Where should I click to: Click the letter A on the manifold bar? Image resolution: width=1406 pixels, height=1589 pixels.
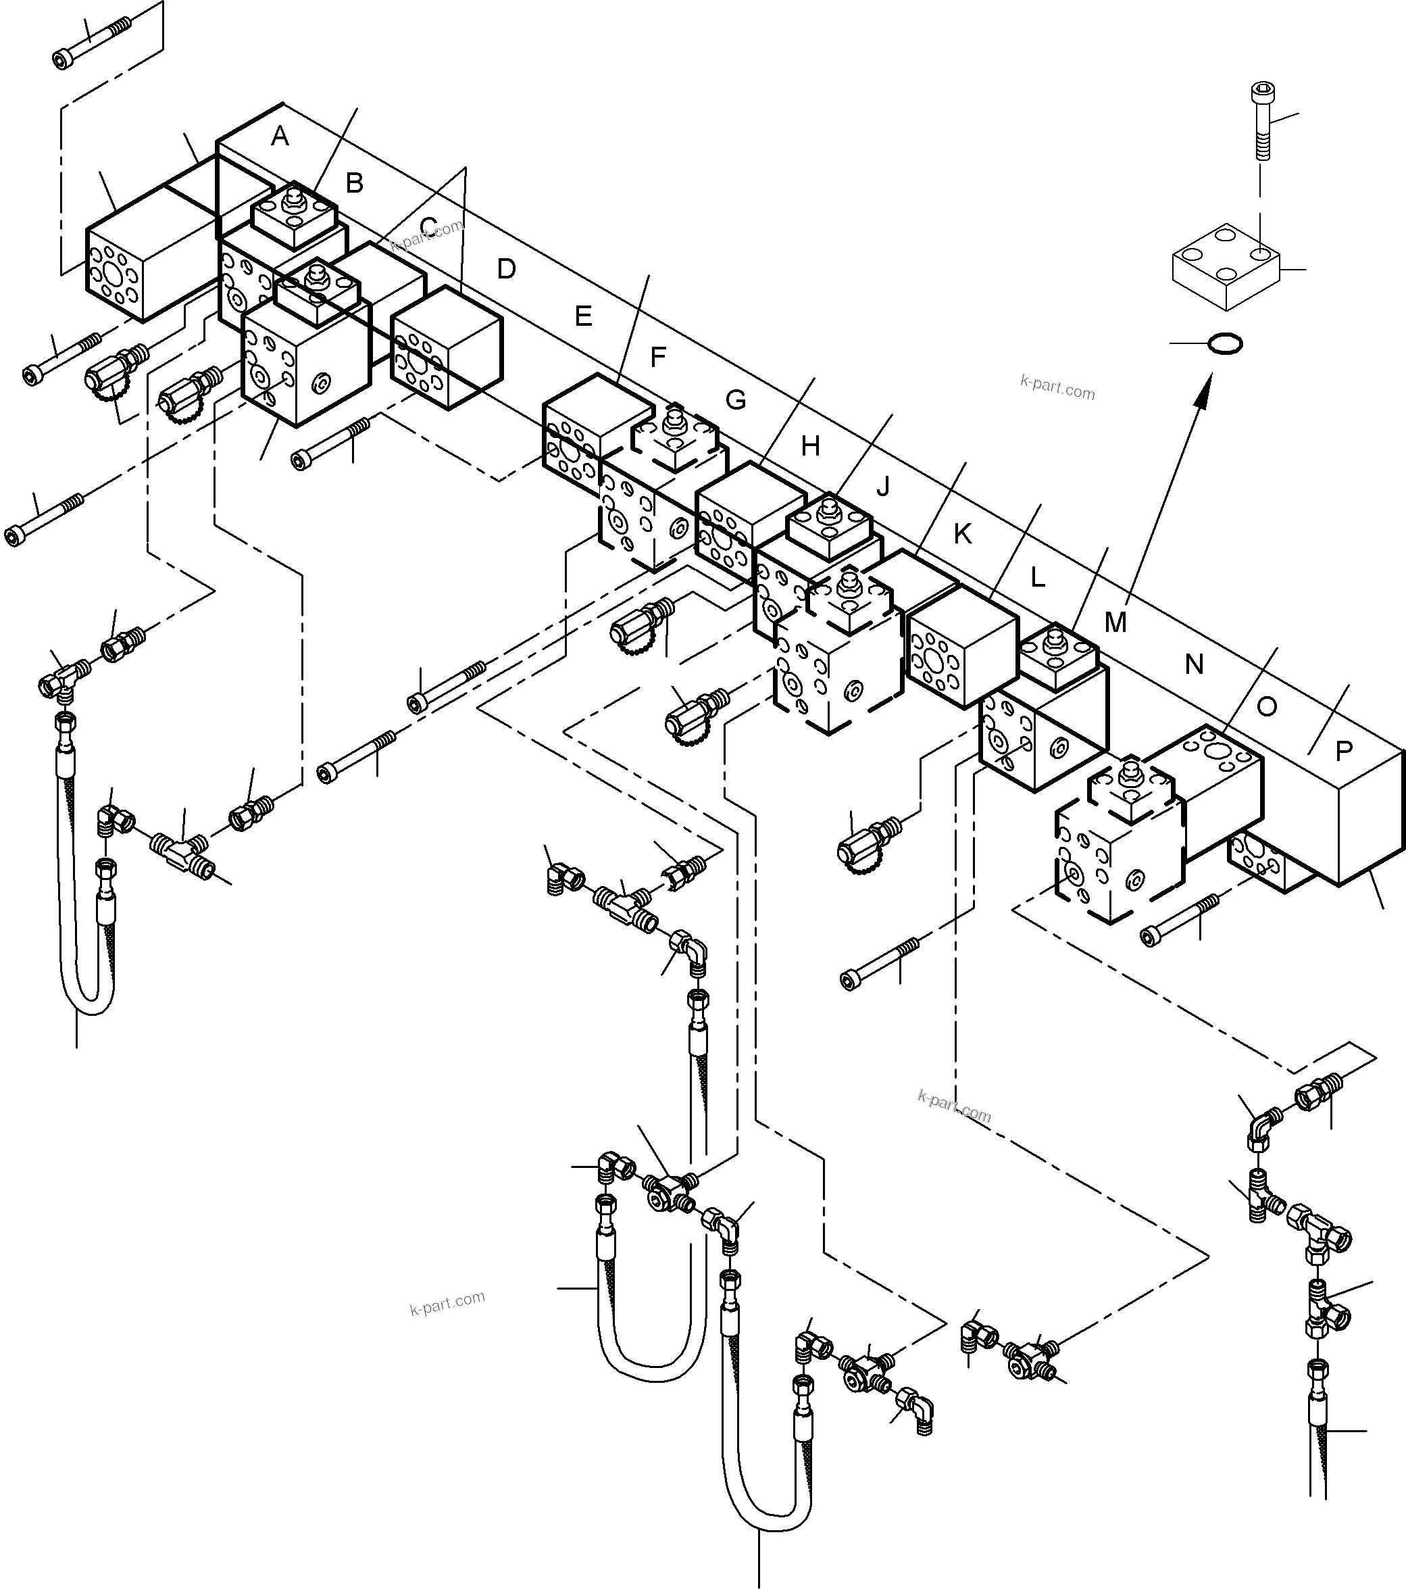[280, 137]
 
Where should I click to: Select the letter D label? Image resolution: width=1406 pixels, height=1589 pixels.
[506, 269]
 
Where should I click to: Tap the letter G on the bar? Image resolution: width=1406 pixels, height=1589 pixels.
[735, 399]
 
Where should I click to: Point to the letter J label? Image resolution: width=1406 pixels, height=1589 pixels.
[882, 486]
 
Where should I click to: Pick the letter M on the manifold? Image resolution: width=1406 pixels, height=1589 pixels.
[1115, 622]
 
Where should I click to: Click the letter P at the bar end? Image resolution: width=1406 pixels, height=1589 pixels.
[1344, 750]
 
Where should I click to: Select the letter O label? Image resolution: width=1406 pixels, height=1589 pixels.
[1267, 707]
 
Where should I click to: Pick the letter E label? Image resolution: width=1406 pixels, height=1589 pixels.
[583, 316]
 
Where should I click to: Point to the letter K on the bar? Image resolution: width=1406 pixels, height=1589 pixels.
[962, 534]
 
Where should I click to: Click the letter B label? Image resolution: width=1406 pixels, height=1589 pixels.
[355, 183]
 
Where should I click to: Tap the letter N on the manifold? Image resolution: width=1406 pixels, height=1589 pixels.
[1194, 664]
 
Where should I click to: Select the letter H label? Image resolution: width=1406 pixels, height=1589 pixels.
[811, 445]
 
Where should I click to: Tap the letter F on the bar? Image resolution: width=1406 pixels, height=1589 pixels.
[657, 357]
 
